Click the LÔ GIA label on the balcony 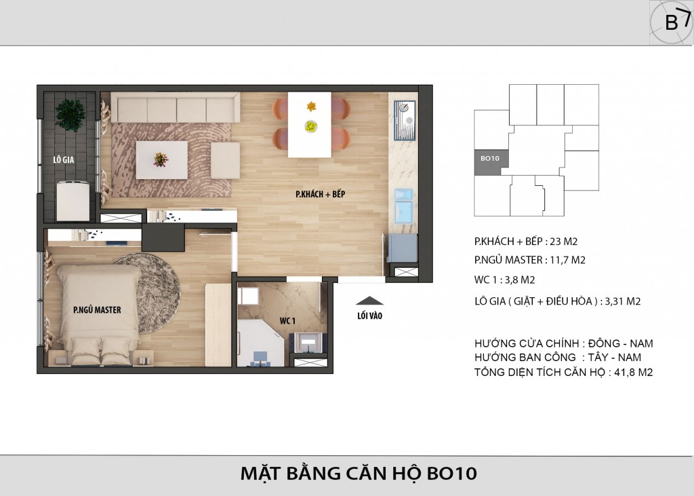point(63,159)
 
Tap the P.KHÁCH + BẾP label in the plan point(320,194)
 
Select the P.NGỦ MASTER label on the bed point(97,310)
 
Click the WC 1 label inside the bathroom point(287,320)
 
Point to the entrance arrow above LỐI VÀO point(369,301)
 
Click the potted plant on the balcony point(70,115)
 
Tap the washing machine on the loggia point(73,200)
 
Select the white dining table point(309,125)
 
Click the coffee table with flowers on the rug point(161,159)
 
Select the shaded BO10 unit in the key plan point(491,161)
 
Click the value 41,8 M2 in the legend point(634,373)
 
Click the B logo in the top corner point(672,22)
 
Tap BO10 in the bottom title point(452,473)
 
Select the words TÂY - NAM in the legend point(614,358)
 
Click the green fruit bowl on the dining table point(311,126)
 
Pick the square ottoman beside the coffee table point(225,160)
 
